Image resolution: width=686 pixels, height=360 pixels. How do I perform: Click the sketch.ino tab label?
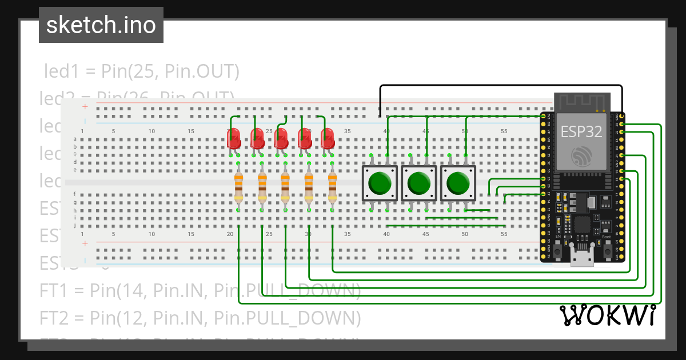point(101,25)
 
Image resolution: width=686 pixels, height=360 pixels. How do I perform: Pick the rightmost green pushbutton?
point(457,183)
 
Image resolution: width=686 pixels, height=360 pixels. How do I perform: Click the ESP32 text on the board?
point(581,131)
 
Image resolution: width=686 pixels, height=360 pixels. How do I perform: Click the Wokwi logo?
point(607,315)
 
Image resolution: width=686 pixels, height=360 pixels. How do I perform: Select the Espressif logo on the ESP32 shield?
point(581,155)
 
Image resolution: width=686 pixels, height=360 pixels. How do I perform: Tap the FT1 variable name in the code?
point(53,290)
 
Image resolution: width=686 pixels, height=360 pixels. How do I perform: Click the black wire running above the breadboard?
point(503,86)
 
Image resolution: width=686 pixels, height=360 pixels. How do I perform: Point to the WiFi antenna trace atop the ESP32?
point(581,103)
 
